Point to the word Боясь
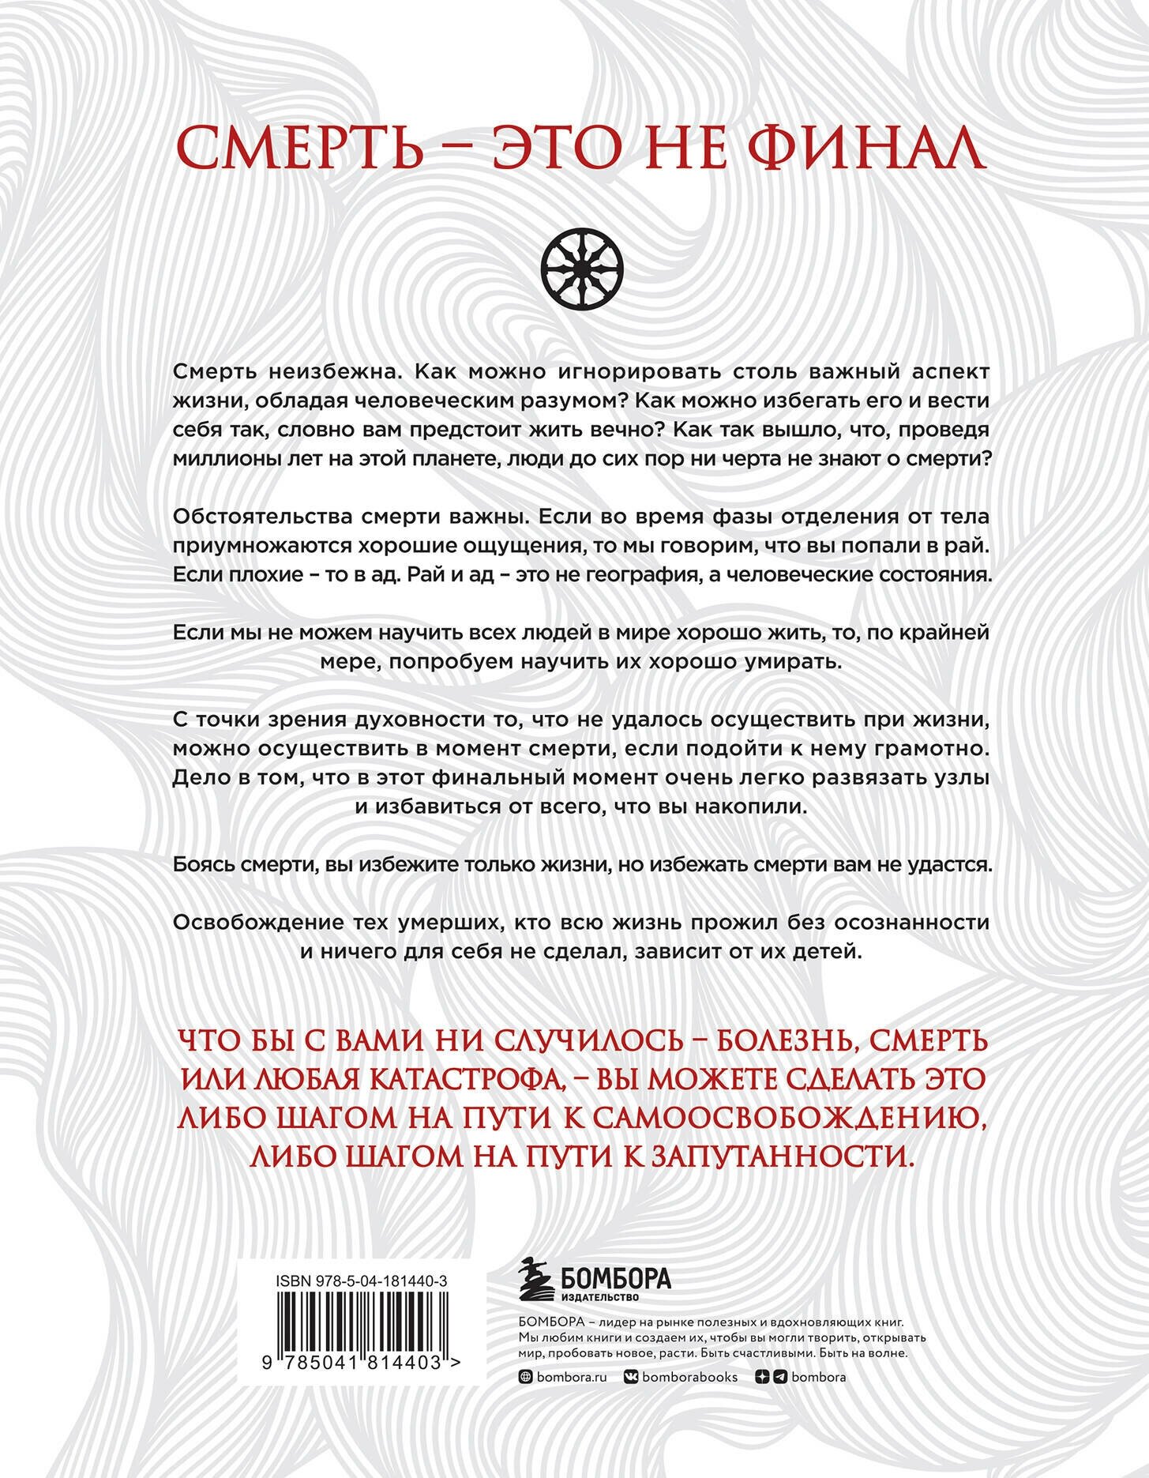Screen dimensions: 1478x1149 click(203, 865)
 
